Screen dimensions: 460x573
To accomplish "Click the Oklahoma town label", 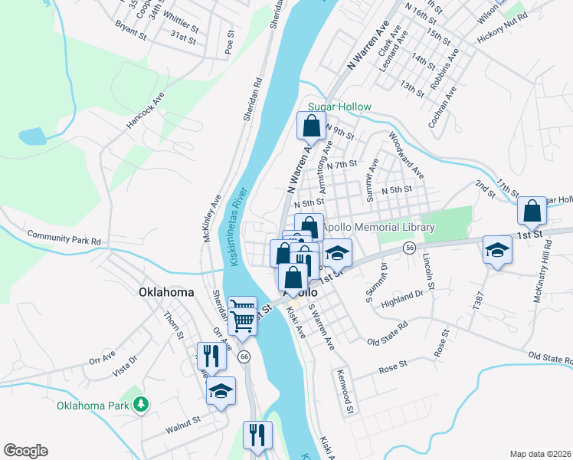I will click(x=166, y=292).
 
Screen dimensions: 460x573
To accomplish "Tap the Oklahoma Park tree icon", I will click(x=140, y=403).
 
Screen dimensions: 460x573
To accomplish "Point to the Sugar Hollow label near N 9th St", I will click(x=339, y=107).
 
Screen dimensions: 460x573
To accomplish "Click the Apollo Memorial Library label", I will click(x=378, y=228).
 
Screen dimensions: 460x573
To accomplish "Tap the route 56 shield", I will click(x=411, y=248).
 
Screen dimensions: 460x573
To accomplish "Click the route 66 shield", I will click(x=244, y=356).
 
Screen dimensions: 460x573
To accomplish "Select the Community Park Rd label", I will click(x=64, y=238).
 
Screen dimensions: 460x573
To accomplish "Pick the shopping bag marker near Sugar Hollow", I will click(x=311, y=126).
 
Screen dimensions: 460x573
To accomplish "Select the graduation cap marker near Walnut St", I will click(x=221, y=392).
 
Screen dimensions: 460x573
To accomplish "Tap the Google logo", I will click(x=25, y=451).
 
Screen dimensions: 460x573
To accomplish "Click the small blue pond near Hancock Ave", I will click(x=32, y=136).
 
